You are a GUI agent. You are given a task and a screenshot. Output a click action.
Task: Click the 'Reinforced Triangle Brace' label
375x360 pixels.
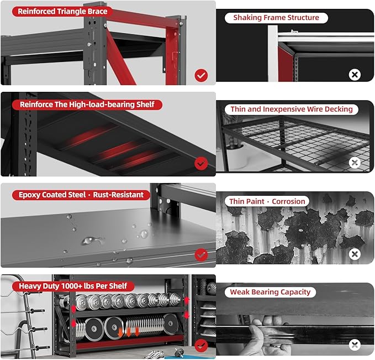[62, 11]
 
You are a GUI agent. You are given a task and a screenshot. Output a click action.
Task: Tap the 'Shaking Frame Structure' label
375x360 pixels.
[276, 18]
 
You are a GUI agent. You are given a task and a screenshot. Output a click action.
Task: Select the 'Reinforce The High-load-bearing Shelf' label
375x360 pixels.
[87, 105]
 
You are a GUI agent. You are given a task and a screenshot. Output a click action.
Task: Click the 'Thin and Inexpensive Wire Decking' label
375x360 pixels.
[292, 109]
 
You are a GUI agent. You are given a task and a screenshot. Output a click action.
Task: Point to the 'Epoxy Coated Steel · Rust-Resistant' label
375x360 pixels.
[81, 195]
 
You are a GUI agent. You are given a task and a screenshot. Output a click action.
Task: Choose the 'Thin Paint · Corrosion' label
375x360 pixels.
[267, 201]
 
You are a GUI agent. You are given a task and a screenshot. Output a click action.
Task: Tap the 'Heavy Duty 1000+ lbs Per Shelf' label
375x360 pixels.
[73, 286]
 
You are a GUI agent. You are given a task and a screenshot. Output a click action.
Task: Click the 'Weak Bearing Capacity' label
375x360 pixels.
[270, 292]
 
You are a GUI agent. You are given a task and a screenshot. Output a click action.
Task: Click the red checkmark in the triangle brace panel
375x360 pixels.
[201, 75]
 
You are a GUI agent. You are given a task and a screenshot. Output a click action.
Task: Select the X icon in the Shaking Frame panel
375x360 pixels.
[355, 75]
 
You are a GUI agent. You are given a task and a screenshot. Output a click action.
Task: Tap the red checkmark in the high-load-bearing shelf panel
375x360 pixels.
[201, 164]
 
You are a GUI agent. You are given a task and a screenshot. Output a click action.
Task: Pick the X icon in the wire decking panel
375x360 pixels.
[355, 163]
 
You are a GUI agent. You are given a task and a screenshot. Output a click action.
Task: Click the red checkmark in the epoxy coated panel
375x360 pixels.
[201, 254]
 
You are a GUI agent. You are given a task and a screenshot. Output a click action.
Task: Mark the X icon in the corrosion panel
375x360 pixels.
[355, 254]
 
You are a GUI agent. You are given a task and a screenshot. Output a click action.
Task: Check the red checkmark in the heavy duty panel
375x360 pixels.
[201, 346]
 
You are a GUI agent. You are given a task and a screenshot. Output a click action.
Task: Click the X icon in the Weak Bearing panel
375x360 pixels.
[355, 345]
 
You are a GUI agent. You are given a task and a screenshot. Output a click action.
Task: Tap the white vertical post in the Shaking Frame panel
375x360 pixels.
[273, 54]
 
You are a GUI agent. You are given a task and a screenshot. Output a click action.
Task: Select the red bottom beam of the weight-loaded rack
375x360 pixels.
[129, 343]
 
